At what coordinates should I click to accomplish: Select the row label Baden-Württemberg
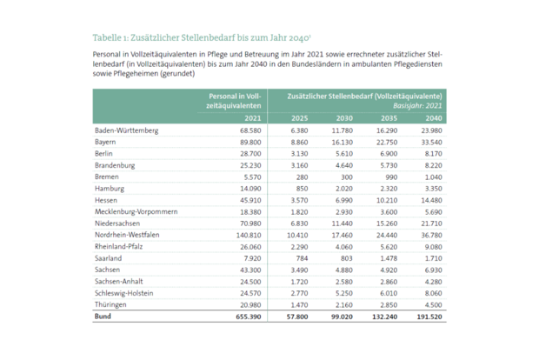click(126, 130)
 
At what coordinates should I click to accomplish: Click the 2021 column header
click(252, 117)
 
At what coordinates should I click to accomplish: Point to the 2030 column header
click(344, 117)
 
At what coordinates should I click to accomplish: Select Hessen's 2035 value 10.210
click(386, 200)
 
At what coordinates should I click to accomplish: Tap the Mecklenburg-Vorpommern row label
click(136, 211)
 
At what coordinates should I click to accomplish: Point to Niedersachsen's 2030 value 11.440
click(340, 223)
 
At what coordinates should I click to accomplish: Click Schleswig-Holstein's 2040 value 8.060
click(431, 293)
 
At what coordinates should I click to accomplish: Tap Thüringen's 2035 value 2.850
click(388, 305)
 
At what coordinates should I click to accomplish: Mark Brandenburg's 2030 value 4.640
click(342, 164)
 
